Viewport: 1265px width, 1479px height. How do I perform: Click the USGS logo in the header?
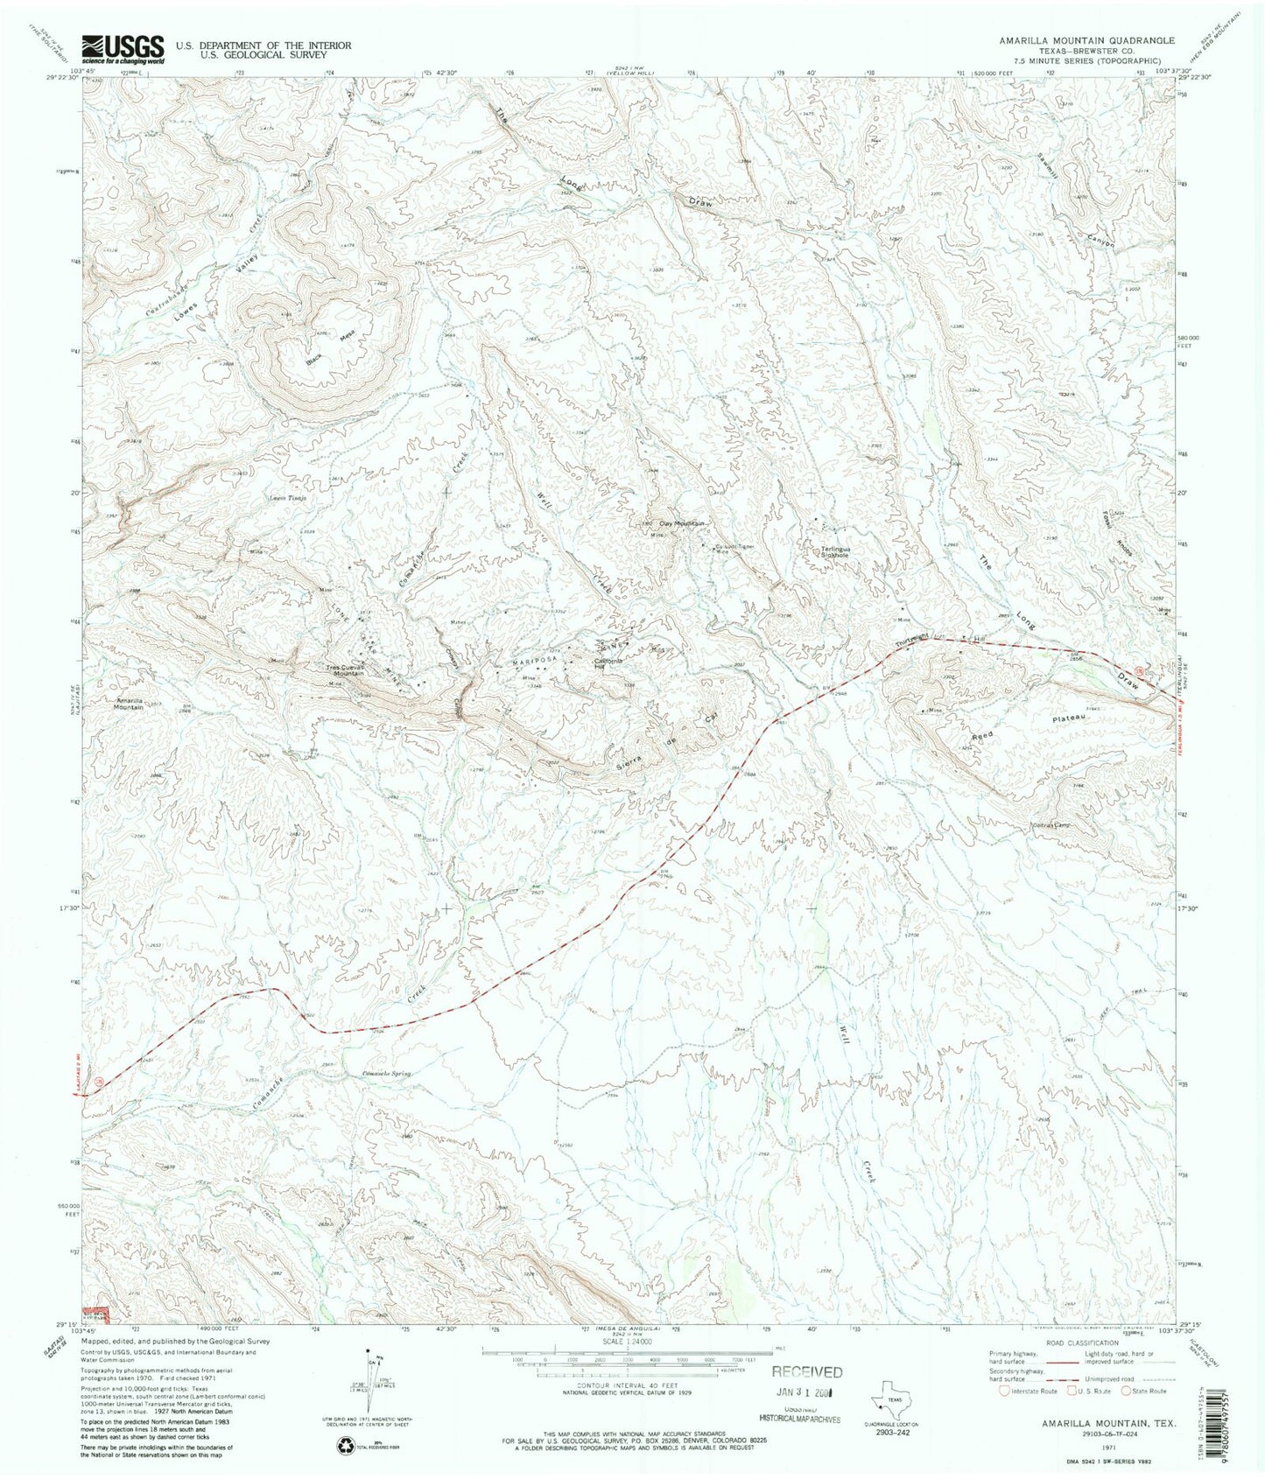[123, 49]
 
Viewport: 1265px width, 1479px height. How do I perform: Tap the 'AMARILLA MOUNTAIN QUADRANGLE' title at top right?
[1086, 40]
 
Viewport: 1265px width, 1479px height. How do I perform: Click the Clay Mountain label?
[682, 523]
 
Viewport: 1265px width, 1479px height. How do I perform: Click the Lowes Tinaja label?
[292, 501]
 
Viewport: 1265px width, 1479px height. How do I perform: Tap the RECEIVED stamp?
[806, 1372]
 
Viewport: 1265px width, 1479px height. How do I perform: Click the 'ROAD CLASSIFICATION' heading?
[1076, 1343]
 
